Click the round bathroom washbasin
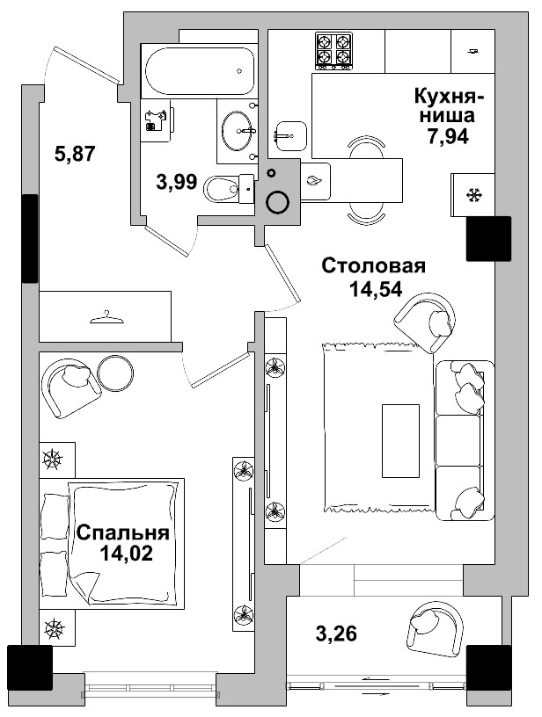(238, 132)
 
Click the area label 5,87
(75, 154)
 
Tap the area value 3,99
(176, 182)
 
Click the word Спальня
(122, 533)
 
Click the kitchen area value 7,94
(447, 136)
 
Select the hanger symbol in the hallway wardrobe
(104, 316)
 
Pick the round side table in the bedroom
(116, 373)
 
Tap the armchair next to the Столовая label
(425, 322)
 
